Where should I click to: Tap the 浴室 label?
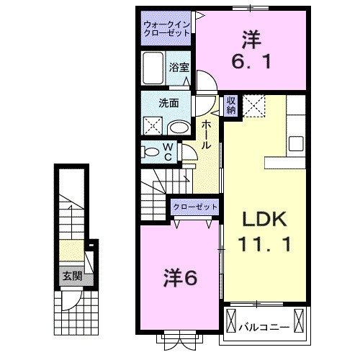(x=179, y=66)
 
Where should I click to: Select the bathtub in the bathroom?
(x=155, y=71)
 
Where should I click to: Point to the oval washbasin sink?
(x=179, y=128)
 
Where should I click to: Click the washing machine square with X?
(x=154, y=126)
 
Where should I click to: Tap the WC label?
(x=167, y=152)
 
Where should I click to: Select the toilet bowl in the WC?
(x=151, y=153)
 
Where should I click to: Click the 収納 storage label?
(x=230, y=106)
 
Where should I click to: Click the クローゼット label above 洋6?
(x=194, y=207)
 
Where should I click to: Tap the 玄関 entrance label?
(x=70, y=276)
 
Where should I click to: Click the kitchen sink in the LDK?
(x=296, y=142)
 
